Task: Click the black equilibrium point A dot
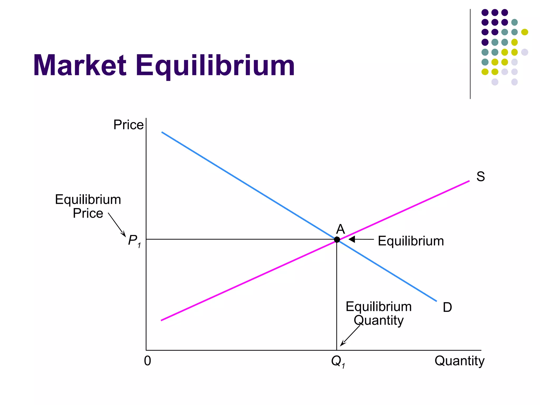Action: tap(337, 239)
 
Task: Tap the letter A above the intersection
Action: tap(340, 229)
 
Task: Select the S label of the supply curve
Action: tap(480, 176)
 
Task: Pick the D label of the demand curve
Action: tap(447, 307)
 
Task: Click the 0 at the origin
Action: tap(147, 361)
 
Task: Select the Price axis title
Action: tap(128, 125)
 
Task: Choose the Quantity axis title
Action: tap(459, 361)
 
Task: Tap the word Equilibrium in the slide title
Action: tap(215, 66)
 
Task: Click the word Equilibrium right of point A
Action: tap(411, 241)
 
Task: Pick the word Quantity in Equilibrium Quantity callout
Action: tap(379, 320)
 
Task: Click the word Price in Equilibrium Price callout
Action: tap(88, 213)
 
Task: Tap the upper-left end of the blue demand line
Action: tap(162, 132)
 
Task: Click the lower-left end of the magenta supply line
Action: tap(162, 320)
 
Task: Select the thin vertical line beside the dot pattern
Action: tap(470, 54)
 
